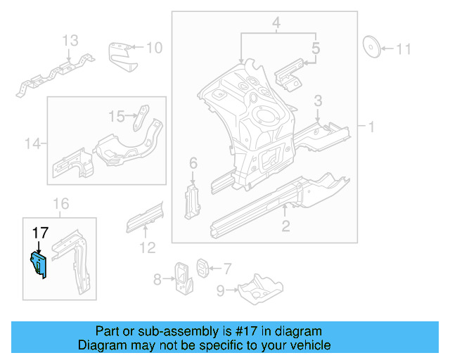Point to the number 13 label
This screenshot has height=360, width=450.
point(71,41)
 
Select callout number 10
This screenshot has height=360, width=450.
point(154,48)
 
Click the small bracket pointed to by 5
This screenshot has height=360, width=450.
point(288,76)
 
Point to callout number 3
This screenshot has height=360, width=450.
point(318,101)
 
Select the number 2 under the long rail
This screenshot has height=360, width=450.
point(285,226)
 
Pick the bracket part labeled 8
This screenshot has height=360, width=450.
point(184,279)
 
